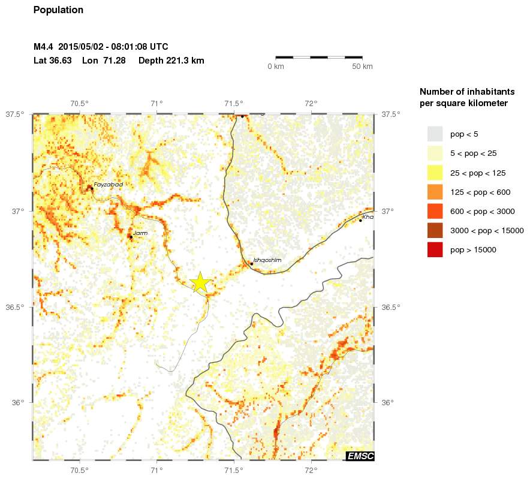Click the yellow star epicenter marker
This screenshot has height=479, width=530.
pos(200,282)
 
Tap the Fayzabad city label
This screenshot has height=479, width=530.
pos(108,185)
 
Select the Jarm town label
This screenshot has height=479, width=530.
pos(140,233)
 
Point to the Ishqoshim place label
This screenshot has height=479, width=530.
pos(267,260)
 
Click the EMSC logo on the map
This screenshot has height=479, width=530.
pos(360,456)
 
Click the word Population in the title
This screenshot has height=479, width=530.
pos(58,10)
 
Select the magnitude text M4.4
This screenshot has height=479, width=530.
pos(44,47)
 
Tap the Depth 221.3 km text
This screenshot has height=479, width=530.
pos(171,61)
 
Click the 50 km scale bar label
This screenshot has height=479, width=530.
pos(362,67)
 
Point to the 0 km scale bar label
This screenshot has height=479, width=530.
pos(275,67)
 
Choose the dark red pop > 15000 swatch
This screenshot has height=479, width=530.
pos(435,250)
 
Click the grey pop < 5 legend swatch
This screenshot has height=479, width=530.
pos(435,134)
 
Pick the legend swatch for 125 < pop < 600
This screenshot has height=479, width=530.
pos(435,192)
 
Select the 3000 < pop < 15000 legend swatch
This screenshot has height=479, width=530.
pos(435,230)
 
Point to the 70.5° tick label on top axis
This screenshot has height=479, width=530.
pos(80,103)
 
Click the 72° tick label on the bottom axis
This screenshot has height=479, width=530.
pos(311,471)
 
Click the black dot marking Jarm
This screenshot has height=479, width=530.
pos(131,237)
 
